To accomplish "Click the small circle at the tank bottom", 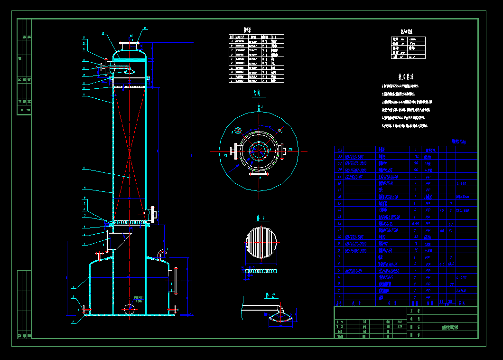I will click(x=129, y=309).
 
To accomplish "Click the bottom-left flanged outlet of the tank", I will click(x=87, y=310).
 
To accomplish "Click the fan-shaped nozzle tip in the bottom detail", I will click(x=280, y=319).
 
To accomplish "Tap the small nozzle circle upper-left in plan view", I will click(x=238, y=130).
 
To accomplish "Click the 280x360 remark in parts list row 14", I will click(x=462, y=210).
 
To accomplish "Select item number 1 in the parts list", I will click(x=339, y=297).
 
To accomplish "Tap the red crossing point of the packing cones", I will click(x=129, y=155).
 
